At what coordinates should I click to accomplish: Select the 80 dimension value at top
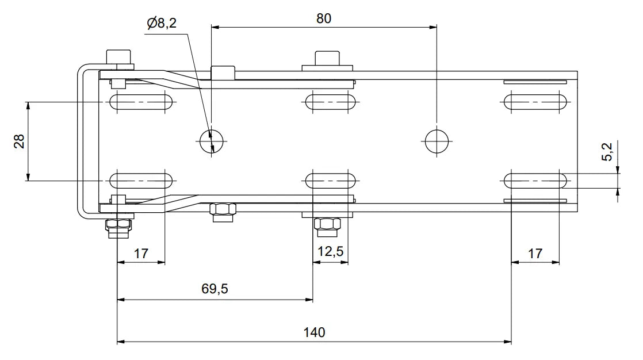324,18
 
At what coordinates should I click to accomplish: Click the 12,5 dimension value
330,252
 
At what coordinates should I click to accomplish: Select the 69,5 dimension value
215,289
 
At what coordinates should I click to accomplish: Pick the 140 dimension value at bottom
314,332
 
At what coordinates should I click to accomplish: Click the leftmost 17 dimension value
141,253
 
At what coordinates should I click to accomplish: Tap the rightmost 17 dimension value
535,253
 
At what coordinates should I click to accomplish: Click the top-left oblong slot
141,102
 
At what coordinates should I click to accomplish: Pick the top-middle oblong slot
330,102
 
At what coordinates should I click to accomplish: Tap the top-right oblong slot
535,102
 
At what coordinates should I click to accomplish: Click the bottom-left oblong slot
141,181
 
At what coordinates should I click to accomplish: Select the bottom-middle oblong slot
330,181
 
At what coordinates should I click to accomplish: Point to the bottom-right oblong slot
535,181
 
